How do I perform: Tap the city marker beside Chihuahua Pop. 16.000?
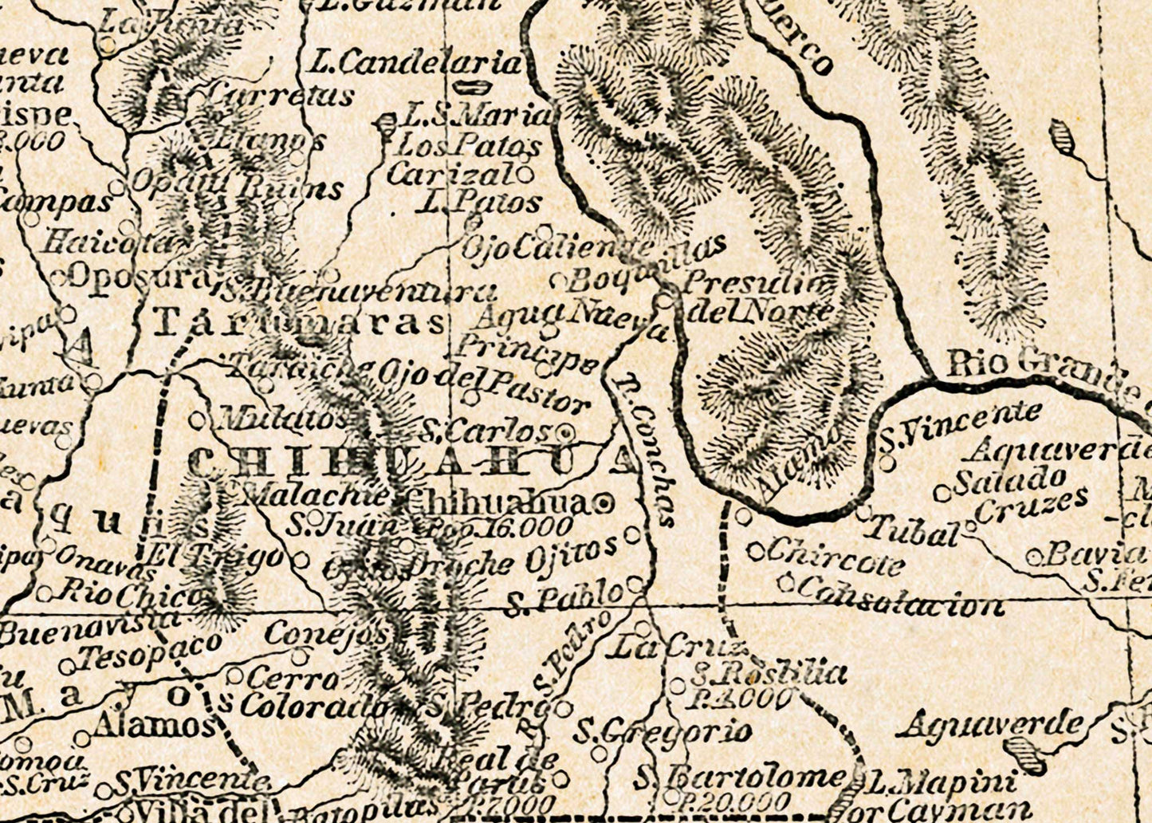point(604,503)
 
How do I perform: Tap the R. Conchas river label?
point(646,451)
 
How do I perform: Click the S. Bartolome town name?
point(741,777)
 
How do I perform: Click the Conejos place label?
point(326,635)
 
